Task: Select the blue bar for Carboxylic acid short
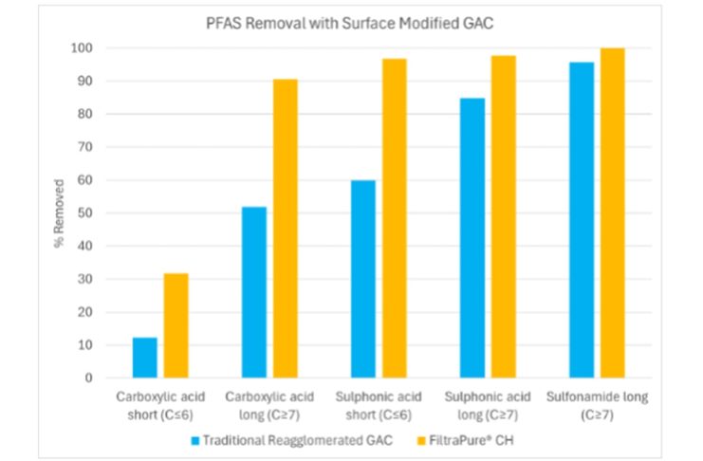coord(145,358)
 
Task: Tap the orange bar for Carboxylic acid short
coord(176,325)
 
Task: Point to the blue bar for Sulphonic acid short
coord(363,279)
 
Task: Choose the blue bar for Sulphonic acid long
coord(472,238)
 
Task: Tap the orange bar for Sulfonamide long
coord(612,212)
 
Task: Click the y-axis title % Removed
coord(59,212)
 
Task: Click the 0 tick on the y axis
coord(89,378)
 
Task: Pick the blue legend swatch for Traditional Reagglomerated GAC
coord(195,439)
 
